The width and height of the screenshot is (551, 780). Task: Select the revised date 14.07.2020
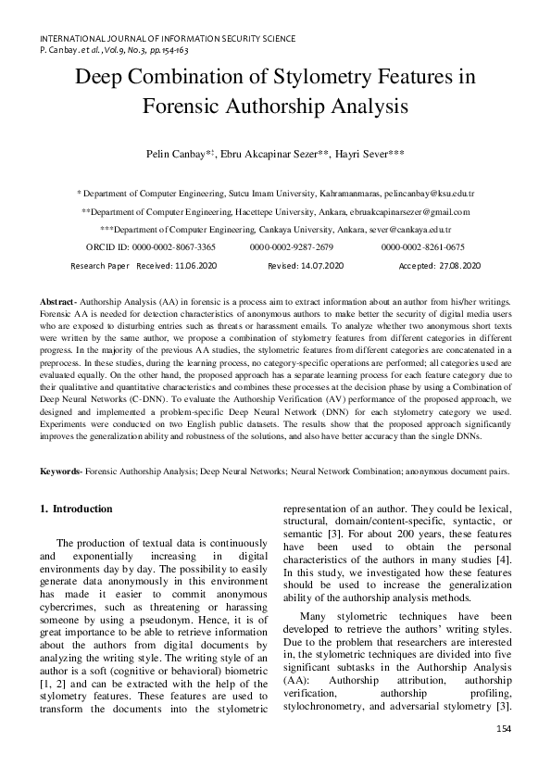321,266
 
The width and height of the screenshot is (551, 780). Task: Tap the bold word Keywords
60,472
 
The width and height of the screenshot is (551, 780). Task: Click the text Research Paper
100,266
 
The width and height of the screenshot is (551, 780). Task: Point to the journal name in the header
168,40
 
